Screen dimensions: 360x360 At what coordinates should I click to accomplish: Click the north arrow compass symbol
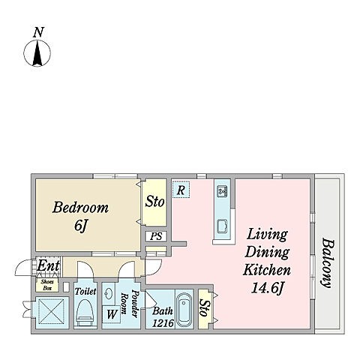37,53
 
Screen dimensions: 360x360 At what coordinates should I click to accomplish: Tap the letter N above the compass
39,32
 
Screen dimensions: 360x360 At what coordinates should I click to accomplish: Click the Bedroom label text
80,208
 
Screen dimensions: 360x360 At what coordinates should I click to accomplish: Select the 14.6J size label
268,288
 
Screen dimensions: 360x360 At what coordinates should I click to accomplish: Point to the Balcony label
327,263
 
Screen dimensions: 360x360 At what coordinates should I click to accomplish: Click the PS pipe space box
156,236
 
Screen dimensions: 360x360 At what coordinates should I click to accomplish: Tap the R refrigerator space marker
181,190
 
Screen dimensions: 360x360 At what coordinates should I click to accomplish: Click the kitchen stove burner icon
222,191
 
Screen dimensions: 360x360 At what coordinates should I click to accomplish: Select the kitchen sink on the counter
222,226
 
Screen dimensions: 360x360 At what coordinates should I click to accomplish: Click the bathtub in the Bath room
184,308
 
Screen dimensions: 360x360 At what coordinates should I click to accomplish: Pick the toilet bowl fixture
85,312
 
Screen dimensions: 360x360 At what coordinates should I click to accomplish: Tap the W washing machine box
112,314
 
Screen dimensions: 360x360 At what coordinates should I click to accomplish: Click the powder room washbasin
109,293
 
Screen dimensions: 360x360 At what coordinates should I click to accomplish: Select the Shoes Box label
47,285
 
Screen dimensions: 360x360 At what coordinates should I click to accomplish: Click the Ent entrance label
48,265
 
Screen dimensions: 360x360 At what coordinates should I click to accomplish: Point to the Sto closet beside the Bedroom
154,202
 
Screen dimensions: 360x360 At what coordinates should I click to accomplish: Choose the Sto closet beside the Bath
205,309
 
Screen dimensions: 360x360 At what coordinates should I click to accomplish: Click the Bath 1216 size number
163,323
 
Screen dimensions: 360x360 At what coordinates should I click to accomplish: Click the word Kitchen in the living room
267,270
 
